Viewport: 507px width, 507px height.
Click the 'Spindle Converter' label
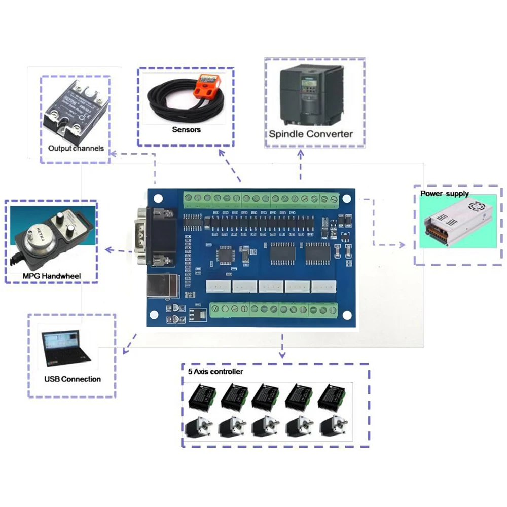[310, 134]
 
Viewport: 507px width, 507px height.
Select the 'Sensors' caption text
[186, 129]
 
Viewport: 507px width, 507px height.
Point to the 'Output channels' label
[76, 149]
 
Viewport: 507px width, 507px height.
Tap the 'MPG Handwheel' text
[52, 276]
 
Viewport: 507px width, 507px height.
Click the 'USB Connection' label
[72, 379]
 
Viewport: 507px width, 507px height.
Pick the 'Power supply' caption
[444, 194]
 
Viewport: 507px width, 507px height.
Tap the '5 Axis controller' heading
[215, 372]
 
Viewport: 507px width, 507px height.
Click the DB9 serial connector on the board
[153, 237]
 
